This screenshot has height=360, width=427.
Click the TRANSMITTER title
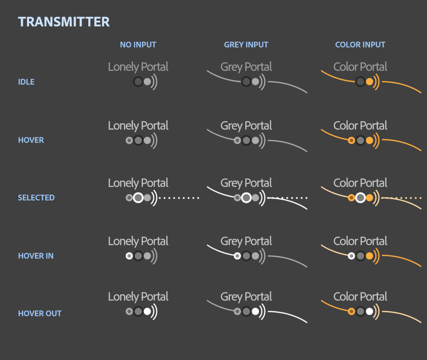[x=64, y=22]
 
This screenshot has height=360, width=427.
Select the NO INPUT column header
[x=138, y=45]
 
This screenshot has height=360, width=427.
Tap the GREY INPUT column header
[x=246, y=45]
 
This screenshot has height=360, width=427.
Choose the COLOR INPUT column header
[x=360, y=45]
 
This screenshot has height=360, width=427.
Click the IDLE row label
[x=26, y=82]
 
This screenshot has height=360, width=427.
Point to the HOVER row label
[x=31, y=140]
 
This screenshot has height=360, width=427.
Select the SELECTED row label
[x=36, y=197]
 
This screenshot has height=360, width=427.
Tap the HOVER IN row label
[x=36, y=256]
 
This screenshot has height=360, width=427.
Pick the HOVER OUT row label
[x=40, y=313]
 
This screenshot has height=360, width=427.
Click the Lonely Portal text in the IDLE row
[x=138, y=67]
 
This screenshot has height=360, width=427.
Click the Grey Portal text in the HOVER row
[x=246, y=126]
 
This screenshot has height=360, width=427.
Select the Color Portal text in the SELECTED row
[x=360, y=183]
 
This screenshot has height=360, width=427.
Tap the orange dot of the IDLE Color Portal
[x=369, y=82]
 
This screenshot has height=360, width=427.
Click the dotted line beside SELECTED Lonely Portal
[x=179, y=198]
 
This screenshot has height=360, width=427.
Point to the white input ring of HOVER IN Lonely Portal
[x=129, y=256]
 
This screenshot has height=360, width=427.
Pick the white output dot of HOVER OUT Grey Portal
[x=255, y=311]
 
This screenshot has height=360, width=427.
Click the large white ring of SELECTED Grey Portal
[x=246, y=198]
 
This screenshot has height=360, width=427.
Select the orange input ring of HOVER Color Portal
[x=351, y=140]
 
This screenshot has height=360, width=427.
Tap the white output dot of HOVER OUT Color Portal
[x=369, y=311]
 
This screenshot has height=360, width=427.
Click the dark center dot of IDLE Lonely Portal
[x=138, y=82]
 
